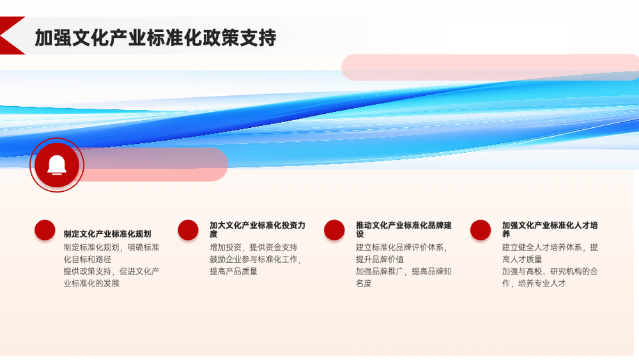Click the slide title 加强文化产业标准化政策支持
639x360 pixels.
coord(155,38)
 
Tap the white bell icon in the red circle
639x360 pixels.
coord(57,165)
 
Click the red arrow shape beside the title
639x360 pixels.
coord(12,35)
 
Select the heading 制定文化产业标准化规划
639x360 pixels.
coord(107,234)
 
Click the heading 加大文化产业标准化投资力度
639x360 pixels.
coord(257,230)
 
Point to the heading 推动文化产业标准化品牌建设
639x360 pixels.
coord(403,230)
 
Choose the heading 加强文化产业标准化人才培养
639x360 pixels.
coord(550,230)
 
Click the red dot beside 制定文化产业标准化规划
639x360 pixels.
coord(45,230)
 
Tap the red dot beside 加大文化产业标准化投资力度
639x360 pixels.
coord(188,230)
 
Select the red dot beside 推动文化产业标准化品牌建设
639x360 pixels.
coord(334,230)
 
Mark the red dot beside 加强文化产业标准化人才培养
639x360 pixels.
coord(481,230)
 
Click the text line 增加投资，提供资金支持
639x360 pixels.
coord(254,247)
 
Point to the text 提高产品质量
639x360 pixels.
coord(233,272)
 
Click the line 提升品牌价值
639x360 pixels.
coord(380,260)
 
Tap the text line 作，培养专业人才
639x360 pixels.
coord(534,283)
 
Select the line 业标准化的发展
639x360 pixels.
coord(91,283)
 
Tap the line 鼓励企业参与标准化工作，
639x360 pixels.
coord(256,260)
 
